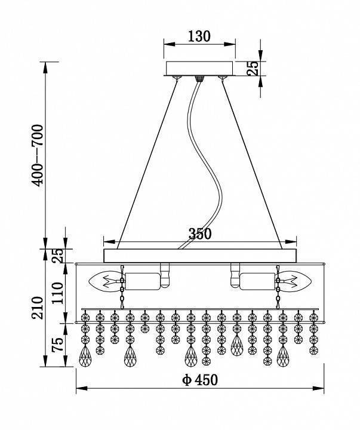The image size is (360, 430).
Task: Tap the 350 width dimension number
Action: (200, 235)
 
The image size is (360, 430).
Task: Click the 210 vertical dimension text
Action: (38, 308)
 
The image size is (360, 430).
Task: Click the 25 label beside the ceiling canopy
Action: (253, 67)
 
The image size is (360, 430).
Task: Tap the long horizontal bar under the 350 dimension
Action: (200, 256)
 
